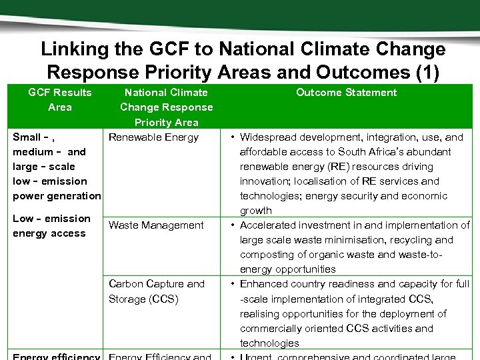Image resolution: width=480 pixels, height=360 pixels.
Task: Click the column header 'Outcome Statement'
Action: pyautogui.click(x=346, y=93)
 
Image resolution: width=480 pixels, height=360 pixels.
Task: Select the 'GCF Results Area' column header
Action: pyautogui.click(x=60, y=99)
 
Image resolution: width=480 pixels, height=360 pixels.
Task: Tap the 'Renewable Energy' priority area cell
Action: pyautogui.click(x=153, y=137)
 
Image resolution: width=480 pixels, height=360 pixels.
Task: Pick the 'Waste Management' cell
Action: pyautogui.click(x=156, y=225)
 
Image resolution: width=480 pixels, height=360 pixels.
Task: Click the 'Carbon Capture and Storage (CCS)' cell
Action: pyautogui.click(x=156, y=291)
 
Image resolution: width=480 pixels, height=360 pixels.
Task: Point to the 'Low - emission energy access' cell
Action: pyautogui.click(x=51, y=226)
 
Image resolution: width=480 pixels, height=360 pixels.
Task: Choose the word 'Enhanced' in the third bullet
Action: pyautogui.click(x=263, y=284)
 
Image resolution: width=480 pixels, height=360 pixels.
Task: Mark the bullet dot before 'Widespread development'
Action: pyautogui.click(x=230, y=137)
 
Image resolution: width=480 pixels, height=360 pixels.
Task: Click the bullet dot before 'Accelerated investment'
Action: pyautogui.click(x=230, y=225)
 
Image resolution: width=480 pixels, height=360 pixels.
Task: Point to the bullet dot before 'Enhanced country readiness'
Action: pyautogui.click(x=230, y=284)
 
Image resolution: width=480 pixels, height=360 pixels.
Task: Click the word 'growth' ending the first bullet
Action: pyautogui.click(x=256, y=211)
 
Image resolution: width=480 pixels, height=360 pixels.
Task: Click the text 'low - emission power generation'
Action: pyautogui.click(x=56, y=189)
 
